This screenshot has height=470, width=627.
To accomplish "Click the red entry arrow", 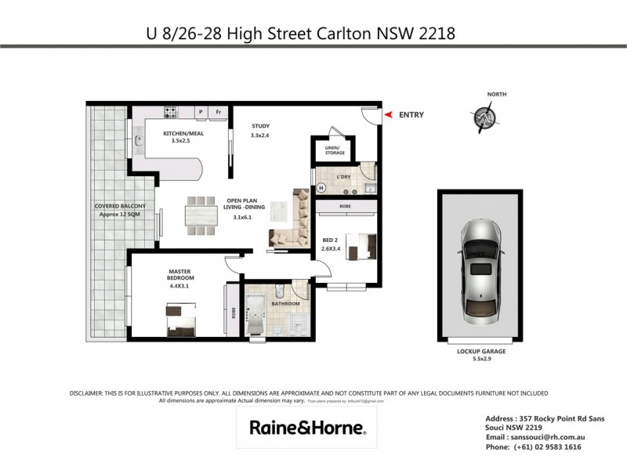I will (x=388, y=115).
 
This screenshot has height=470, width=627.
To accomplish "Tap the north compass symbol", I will (x=485, y=117).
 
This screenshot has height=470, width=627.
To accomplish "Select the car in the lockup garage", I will (x=480, y=266).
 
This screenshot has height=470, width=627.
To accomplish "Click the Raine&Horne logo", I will (x=306, y=428).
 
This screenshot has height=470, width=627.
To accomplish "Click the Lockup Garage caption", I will (x=480, y=352).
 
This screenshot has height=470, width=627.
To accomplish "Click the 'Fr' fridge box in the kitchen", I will (x=219, y=112).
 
